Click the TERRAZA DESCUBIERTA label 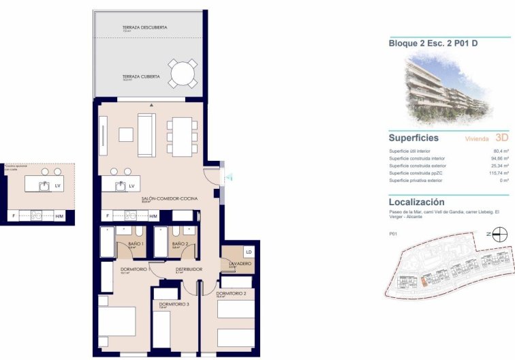tap(144, 27)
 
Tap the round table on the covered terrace tap(183, 74)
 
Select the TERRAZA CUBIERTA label tap(141, 76)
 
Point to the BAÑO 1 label tap(136, 243)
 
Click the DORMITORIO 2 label tap(230, 293)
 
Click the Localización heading tap(416, 202)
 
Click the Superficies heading tap(413, 138)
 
